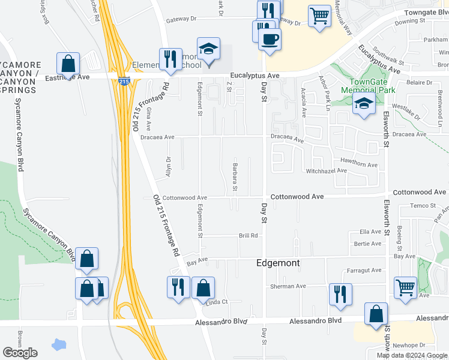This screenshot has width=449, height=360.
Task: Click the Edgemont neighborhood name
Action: pyautogui.click(x=278, y=263)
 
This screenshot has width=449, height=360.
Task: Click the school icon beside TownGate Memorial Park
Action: pyautogui.click(x=364, y=103)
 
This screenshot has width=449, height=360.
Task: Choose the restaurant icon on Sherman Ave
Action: pyautogui.click(x=340, y=294)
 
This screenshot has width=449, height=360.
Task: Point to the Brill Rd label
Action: pyautogui.click(x=248, y=236)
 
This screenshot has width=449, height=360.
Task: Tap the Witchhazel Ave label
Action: pyautogui.click(x=327, y=170)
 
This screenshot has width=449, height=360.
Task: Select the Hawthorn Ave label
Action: pyautogui.click(x=358, y=164)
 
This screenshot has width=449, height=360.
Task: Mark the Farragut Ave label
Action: pyautogui.click(x=364, y=270)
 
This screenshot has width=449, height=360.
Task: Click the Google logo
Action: pyautogui.click(x=20, y=353)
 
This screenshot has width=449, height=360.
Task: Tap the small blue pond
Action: pyautogui.click(x=59, y=345)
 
